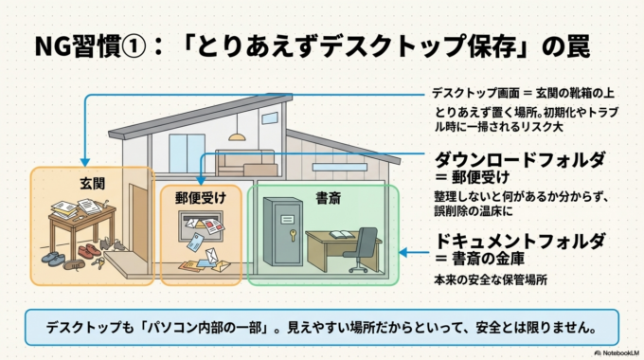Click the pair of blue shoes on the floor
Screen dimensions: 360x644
[x=54, y=257]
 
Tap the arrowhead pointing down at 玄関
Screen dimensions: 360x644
[x=86, y=162]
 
